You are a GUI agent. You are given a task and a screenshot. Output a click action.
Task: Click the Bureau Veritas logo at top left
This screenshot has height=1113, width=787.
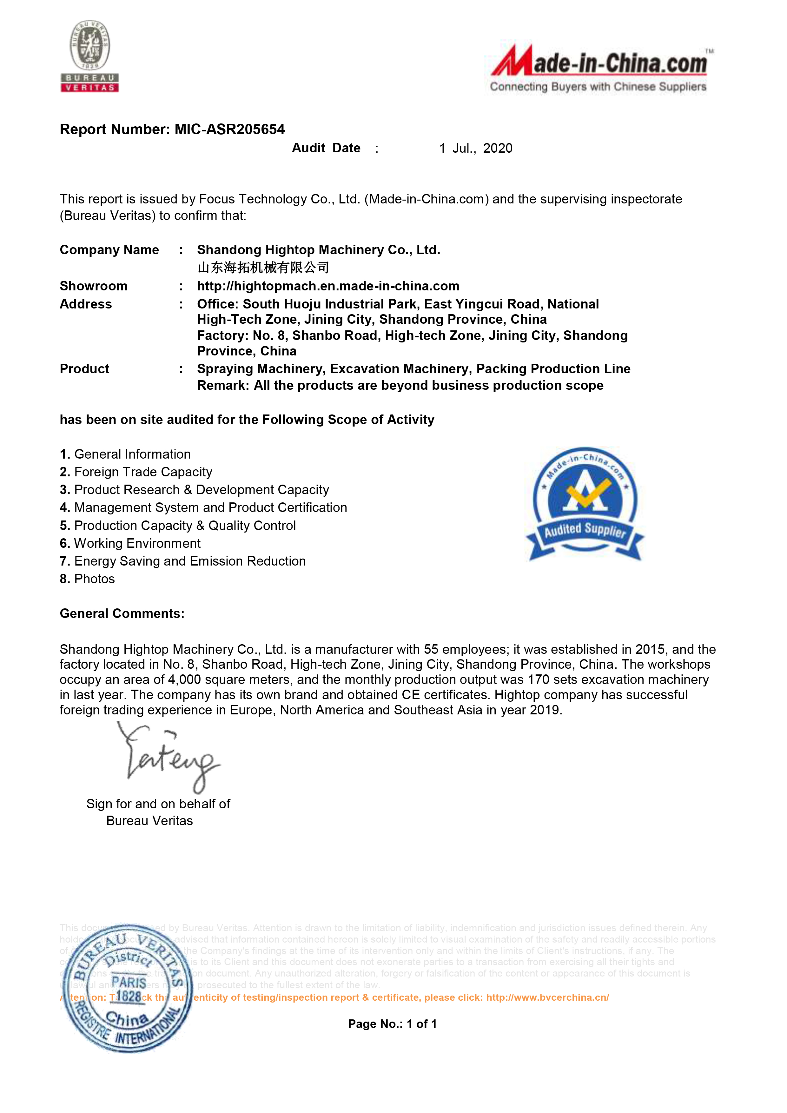click(x=90, y=56)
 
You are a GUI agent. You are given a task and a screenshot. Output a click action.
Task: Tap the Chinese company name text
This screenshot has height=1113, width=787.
click(x=263, y=267)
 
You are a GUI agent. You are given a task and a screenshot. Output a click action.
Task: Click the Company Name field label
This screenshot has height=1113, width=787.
click(x=109, y=250)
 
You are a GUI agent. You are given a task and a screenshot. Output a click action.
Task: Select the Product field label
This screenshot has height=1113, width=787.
click(x=84, y=369)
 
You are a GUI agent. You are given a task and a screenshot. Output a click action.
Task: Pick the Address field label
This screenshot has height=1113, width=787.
click(x=86, y=304)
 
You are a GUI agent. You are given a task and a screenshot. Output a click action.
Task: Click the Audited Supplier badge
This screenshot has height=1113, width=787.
click(x=585, y=504)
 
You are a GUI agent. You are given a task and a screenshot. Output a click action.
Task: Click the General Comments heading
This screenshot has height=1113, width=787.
click(x=122, y=614)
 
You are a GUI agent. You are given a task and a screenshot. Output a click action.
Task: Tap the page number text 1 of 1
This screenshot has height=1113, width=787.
click(x=422, y=1024)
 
